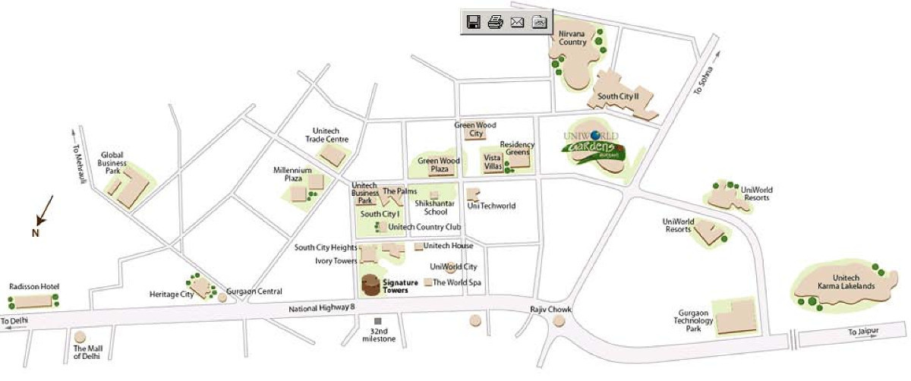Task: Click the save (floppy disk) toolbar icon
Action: pos(473,22)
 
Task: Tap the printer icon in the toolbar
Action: pos(495,22)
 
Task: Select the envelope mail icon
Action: pos(518,22)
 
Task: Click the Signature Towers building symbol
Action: pos(370,285)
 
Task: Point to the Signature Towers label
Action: pos(401,286)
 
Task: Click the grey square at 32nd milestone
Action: pos(378,322)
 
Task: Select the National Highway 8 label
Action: pos(322,308)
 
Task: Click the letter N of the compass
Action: pos(35,233)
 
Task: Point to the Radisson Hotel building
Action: pos(33,301)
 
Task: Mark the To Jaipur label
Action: pos(862,332)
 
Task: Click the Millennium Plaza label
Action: pos(293,175)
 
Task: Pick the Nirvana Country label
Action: pos(573,39)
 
